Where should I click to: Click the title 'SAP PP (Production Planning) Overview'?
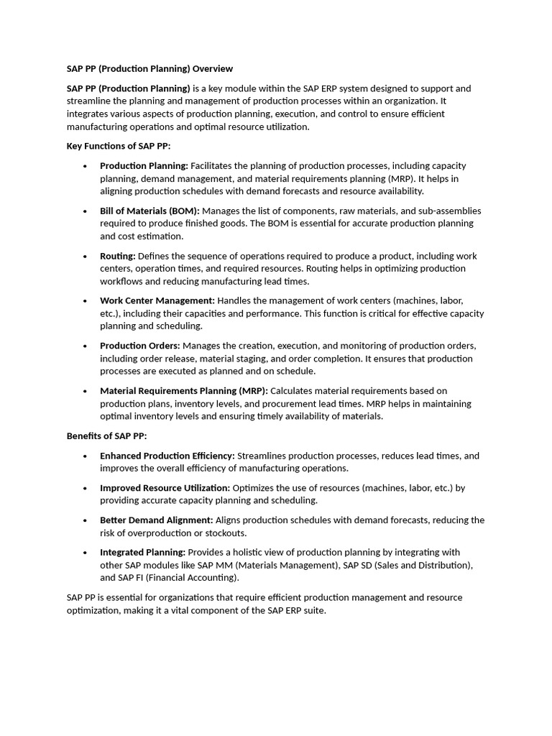tap(149, 69)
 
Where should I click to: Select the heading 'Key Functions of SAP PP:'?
tap(119, 146)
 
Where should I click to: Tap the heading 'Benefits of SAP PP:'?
tap(106, 436)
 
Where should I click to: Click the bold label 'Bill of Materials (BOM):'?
tap(149, 211)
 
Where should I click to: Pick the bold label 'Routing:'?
tap(117, 256)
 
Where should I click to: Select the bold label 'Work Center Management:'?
tap(157, 300)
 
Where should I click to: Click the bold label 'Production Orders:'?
tap(139, 346)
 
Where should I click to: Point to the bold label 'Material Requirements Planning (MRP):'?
tap(183, 391)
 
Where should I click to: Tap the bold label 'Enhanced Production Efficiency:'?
tap(167, 456)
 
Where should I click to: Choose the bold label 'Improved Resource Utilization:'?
tap(165, 488)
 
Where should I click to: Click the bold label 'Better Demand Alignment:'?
tap(156, 520)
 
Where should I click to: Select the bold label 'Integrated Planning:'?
tap(142, 552)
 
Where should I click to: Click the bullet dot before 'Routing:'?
tap(85, 257)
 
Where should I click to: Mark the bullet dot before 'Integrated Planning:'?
tap(85, 553)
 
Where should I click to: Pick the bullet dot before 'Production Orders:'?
tap(85, 346)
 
